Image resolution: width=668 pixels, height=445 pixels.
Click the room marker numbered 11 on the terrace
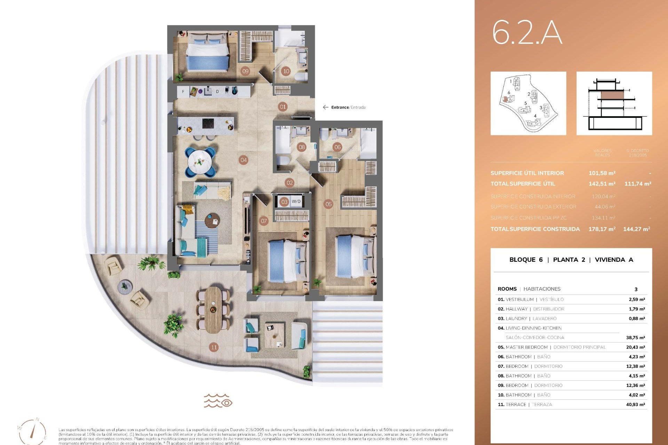[214, 347]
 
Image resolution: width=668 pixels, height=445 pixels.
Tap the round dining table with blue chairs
[200, 162]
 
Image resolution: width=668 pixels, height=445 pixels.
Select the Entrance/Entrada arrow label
[344, 107]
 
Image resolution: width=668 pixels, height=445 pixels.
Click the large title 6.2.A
[527, 33]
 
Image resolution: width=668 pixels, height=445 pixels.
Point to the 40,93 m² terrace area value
[635, 405]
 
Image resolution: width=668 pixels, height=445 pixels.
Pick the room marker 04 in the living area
[244, 160]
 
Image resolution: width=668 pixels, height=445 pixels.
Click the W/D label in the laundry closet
[296, 202]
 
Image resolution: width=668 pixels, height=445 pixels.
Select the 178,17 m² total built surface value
[602, 229]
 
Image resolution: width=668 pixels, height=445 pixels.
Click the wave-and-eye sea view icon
[218, 400]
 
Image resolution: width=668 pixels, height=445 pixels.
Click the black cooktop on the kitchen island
[208, 124]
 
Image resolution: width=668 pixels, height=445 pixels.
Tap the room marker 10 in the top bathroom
[286, 71]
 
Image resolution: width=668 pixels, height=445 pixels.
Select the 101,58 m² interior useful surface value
[602, 173]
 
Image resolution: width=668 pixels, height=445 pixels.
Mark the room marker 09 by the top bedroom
[245, 71]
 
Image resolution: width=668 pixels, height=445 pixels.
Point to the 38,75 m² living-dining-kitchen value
[635, 338]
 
